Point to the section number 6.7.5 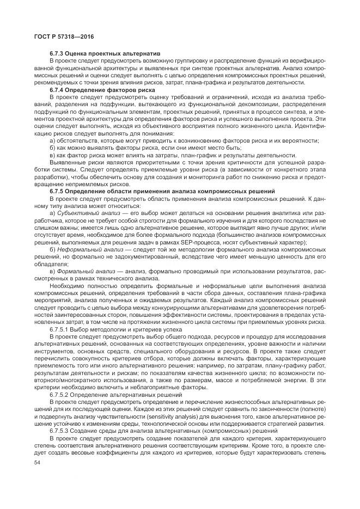58,192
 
